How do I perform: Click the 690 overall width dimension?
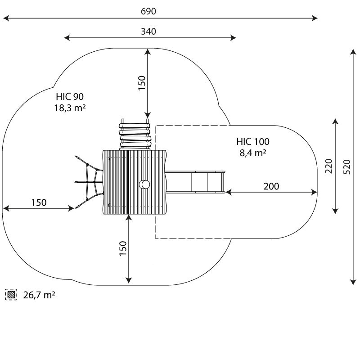click(x=148, y=11)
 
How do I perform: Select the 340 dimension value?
click(x=148, y=31)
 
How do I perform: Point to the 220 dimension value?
click(x=329, y=166)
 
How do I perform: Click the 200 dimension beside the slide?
click(x=271, y=186)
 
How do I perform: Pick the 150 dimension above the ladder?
click(x=142, y=83)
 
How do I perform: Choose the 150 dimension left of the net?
click(x=39, y=202)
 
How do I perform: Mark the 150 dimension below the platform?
click(x=123, y=248)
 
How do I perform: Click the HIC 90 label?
click(x=70, y=97)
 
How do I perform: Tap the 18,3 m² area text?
click(x=70, y=108)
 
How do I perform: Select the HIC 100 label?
click(x=253, y=142)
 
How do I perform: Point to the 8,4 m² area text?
click(x=253, y=153)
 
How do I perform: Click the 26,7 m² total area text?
click(x=39, y=295)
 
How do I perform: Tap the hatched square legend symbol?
click(x=11, y=295)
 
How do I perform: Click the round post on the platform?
click(x=144, y=184)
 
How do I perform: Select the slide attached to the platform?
click(x=195, y=182)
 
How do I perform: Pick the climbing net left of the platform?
click(x=89, y=182)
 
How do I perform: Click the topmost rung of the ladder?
click(x=134, y=126)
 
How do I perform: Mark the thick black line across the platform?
click(x=128, y=182)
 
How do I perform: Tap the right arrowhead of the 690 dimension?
click(x=315, y=18)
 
